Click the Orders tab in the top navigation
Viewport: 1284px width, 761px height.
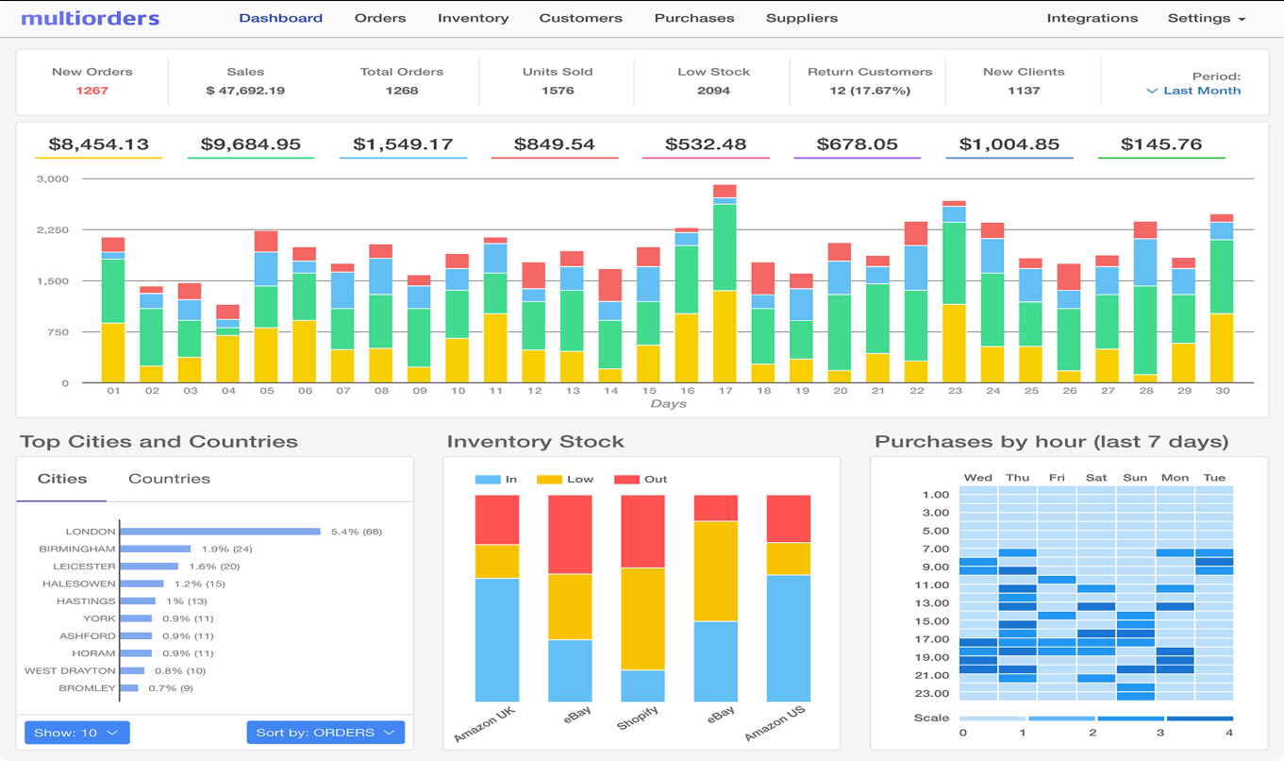click(x=380, y=18)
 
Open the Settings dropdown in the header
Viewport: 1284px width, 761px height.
click(x=1206, y=18)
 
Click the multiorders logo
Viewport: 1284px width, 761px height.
click(x=90, y=18)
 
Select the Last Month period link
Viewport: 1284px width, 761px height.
click(x=1201, y=91)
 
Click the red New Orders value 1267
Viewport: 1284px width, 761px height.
click(x=92, y=91)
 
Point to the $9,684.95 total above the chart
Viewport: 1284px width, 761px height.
click(x=250, y=144)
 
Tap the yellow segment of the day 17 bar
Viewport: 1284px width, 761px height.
click(x=725, y=335)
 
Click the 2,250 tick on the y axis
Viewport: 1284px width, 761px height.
click(x=52, y=229)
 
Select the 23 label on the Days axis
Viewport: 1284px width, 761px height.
click(x=954, y=391)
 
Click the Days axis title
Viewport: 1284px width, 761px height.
click(x=668, y=404)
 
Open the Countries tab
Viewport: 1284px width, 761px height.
click(x=169, y=479)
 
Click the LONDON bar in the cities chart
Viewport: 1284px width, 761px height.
click(x=219, y=532)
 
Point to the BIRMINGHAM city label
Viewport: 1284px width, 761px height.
click(x=77, y=549)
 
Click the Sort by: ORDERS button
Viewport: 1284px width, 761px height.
click(x=325, y=733)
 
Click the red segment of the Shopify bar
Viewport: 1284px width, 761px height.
click(x=642, y=531)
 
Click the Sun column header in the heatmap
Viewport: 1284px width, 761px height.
click(x=1135, y=478)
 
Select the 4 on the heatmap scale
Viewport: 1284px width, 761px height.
click(x=1229, y=733)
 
